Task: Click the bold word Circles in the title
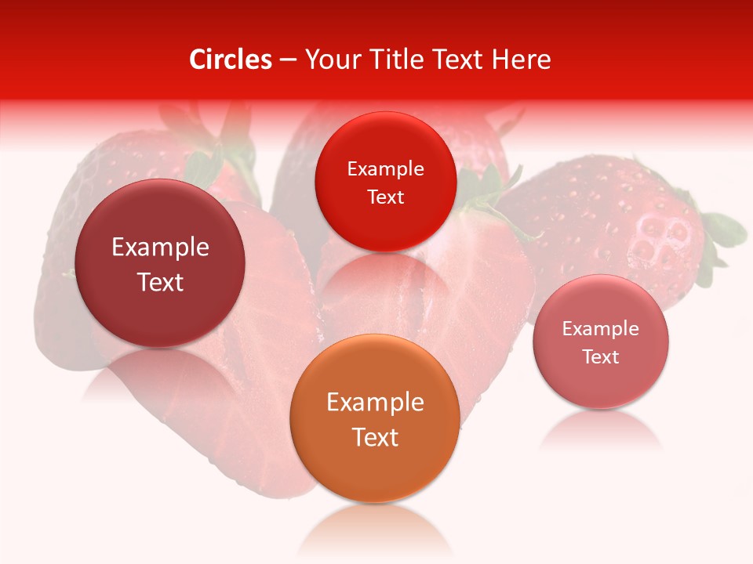click(231, 60)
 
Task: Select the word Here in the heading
click(521, 60)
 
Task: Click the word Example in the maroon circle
click(160, 248)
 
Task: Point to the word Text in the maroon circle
click(160, 282)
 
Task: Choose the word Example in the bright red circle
click(385, 169)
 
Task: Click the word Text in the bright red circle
click(385, 197)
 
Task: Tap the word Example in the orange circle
click(375, 403)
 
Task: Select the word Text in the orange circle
click(375, 437)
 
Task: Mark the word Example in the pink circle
click(601, 329)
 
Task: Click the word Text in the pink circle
click(601, 357)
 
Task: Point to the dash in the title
click(288, 60)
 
